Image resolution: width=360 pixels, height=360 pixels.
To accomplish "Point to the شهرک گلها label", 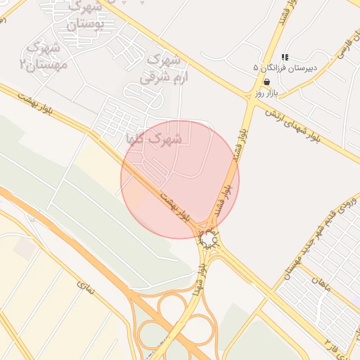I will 153,139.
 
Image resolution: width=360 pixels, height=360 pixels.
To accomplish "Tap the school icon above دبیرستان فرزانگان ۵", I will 285,56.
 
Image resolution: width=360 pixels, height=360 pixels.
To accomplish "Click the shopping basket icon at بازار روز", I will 267,82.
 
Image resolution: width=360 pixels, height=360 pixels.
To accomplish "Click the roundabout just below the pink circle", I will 209,240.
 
